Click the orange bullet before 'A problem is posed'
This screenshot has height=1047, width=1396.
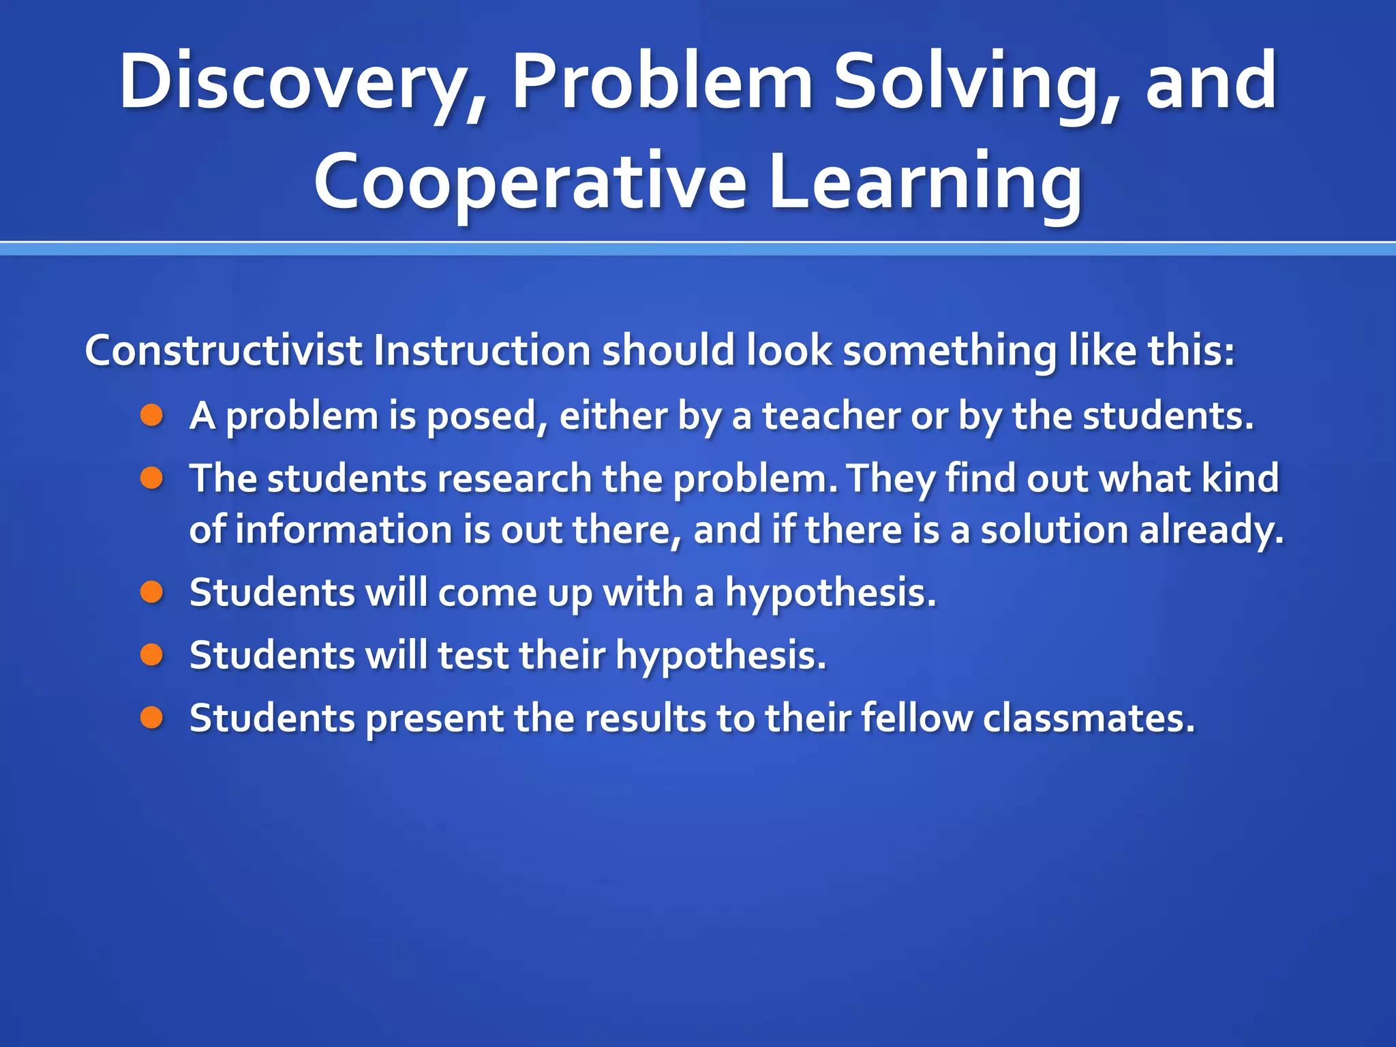152,416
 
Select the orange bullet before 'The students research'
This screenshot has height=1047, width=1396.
152,479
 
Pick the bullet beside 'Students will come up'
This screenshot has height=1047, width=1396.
152,592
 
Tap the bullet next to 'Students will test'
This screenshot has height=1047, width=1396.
152,655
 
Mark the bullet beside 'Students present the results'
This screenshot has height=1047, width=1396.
152,718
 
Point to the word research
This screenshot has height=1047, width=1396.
514,479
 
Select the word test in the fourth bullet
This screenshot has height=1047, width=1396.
473,656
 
